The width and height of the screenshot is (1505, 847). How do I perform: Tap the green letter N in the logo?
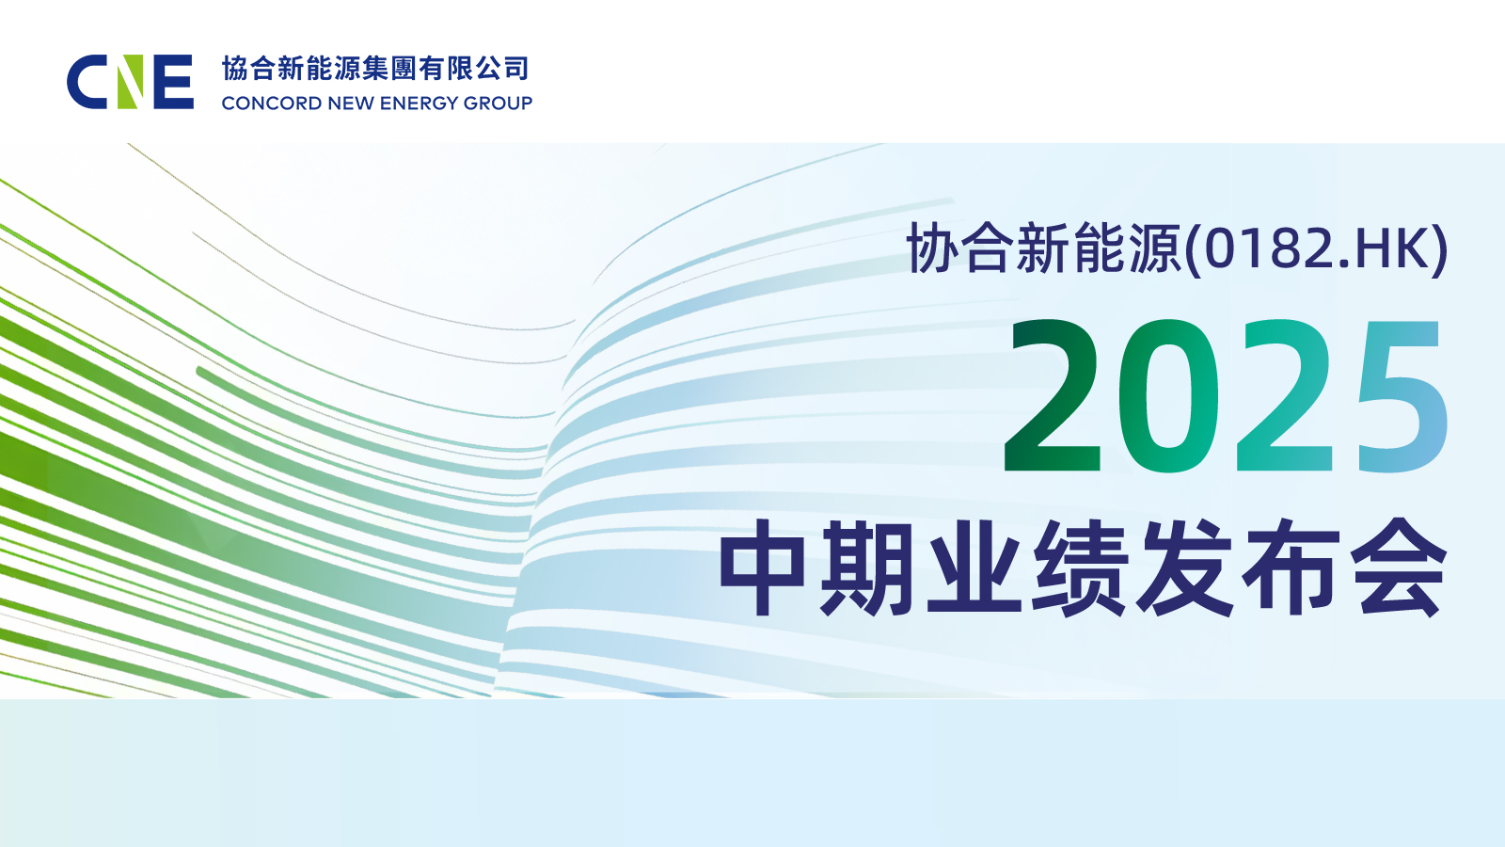(131, 82)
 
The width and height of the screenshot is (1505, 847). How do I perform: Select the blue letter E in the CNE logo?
(173, 82)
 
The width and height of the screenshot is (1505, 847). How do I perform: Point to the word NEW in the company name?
(351, 104)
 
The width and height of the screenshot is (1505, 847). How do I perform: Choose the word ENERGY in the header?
(414, 104)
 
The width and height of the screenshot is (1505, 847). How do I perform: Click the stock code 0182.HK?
(1317, 248)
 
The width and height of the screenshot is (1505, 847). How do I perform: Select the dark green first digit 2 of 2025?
(1052, 395)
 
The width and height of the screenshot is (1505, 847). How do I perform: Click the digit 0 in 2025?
(1168, 395)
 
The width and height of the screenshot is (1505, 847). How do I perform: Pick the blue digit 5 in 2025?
(1402, 396)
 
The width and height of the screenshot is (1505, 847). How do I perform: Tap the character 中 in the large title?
(762, 568)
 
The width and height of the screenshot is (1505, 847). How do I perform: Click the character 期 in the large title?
(867, 568)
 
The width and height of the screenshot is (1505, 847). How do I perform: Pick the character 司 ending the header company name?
(516, 69)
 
